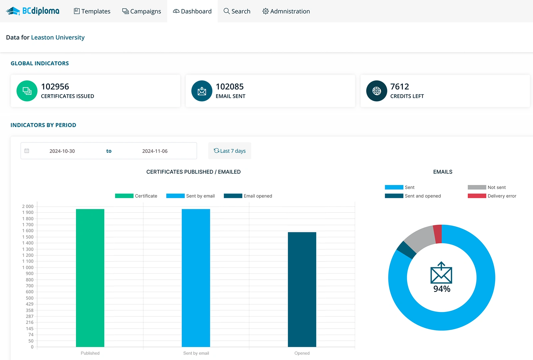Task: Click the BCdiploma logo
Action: pyautogui.click(x=33, y=11)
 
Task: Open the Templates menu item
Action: pyautogui.click(x=92, y=11)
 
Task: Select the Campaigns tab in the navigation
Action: pyautogui.click(x=142, y=11)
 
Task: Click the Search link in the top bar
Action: pyautogui.click(x=237, y=11)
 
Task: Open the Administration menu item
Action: pyautogui.click(x=286, y=11)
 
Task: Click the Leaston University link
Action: pyautogui.click(x=58, y=37)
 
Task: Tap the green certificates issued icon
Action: pyautogui.click(x=27, y=91)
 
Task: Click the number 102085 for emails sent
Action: pyautogui.click(x=230, y=87)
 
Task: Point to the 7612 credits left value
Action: pyautogui.click(x=399, y=87)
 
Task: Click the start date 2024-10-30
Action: pyautogui.click(x=62, y=151)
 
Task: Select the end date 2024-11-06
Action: pyautogui.click(x=155, y=151)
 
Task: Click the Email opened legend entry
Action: pyautogui.click(x=248, y=196)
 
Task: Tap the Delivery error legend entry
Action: pyautogui.click(x=492, y=196)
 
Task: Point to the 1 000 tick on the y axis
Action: pyautogui.click(x=28, y=268)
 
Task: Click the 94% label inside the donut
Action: pyautogui.click(x=442, y=289)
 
